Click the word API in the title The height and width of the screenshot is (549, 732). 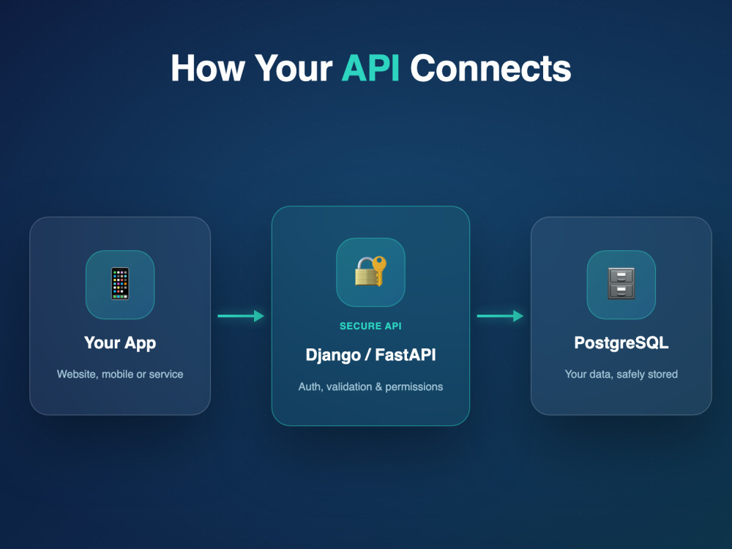370,69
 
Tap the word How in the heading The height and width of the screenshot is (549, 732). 208,69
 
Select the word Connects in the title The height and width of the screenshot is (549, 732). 490,69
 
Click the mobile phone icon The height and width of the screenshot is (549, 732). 120,283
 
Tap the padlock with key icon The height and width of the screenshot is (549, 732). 370,272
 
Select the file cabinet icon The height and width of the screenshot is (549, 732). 621,283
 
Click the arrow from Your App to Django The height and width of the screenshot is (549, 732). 241,316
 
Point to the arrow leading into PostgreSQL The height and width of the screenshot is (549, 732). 500,316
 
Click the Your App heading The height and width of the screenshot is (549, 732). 120,343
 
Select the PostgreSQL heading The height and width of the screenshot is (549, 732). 621,343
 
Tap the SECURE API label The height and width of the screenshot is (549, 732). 370,326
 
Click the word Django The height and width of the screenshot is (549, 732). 333,355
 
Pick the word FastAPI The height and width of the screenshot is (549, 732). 406,355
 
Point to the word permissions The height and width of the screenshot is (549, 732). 414,387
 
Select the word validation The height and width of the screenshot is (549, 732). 349,386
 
